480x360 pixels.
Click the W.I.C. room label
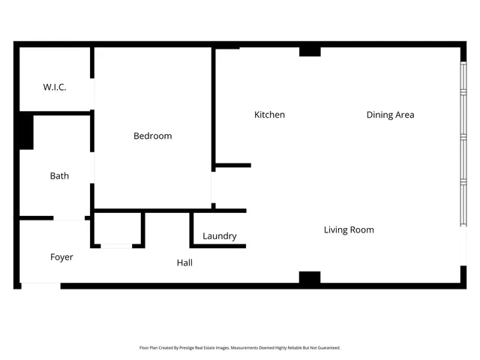coord(54,87)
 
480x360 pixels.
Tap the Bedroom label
coord(152,136)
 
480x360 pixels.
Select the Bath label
coord(59,175)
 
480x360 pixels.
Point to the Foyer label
coord(61,257)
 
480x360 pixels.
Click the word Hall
coord(184,262)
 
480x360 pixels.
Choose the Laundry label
coord(219,235)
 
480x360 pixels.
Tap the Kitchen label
coord(269,115)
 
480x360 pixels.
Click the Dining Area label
coord(390,115)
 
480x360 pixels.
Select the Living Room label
coord(349,229)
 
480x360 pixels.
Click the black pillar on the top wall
coord(310,51)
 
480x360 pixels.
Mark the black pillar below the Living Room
coord(310,277)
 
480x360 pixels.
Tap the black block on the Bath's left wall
coord(25,131)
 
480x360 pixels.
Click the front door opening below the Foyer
coord(40,285)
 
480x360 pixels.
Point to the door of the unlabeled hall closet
coord(117,245)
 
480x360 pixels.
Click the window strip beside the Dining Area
coord(462,142)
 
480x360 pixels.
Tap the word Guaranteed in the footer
coord(326,348)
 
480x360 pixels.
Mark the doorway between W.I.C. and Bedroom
coord(93,94)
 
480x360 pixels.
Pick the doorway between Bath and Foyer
coord(70,218)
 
